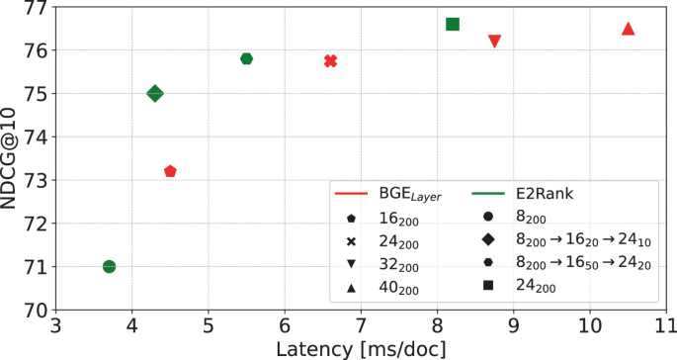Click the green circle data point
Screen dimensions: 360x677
click(109, 266)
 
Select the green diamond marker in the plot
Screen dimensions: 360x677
click(155, 93)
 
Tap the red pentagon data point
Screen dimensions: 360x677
click(170, 171)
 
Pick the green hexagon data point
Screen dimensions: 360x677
click(247, 58)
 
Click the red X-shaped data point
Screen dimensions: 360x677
click(330, 60)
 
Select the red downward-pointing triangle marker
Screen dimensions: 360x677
click(495, 41)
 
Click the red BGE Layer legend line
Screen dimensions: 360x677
click(353, 194)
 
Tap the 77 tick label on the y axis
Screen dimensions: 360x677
click(35, 8)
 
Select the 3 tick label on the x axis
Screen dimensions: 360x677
click(55, 325)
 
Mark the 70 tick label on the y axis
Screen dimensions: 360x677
click(35, 310)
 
